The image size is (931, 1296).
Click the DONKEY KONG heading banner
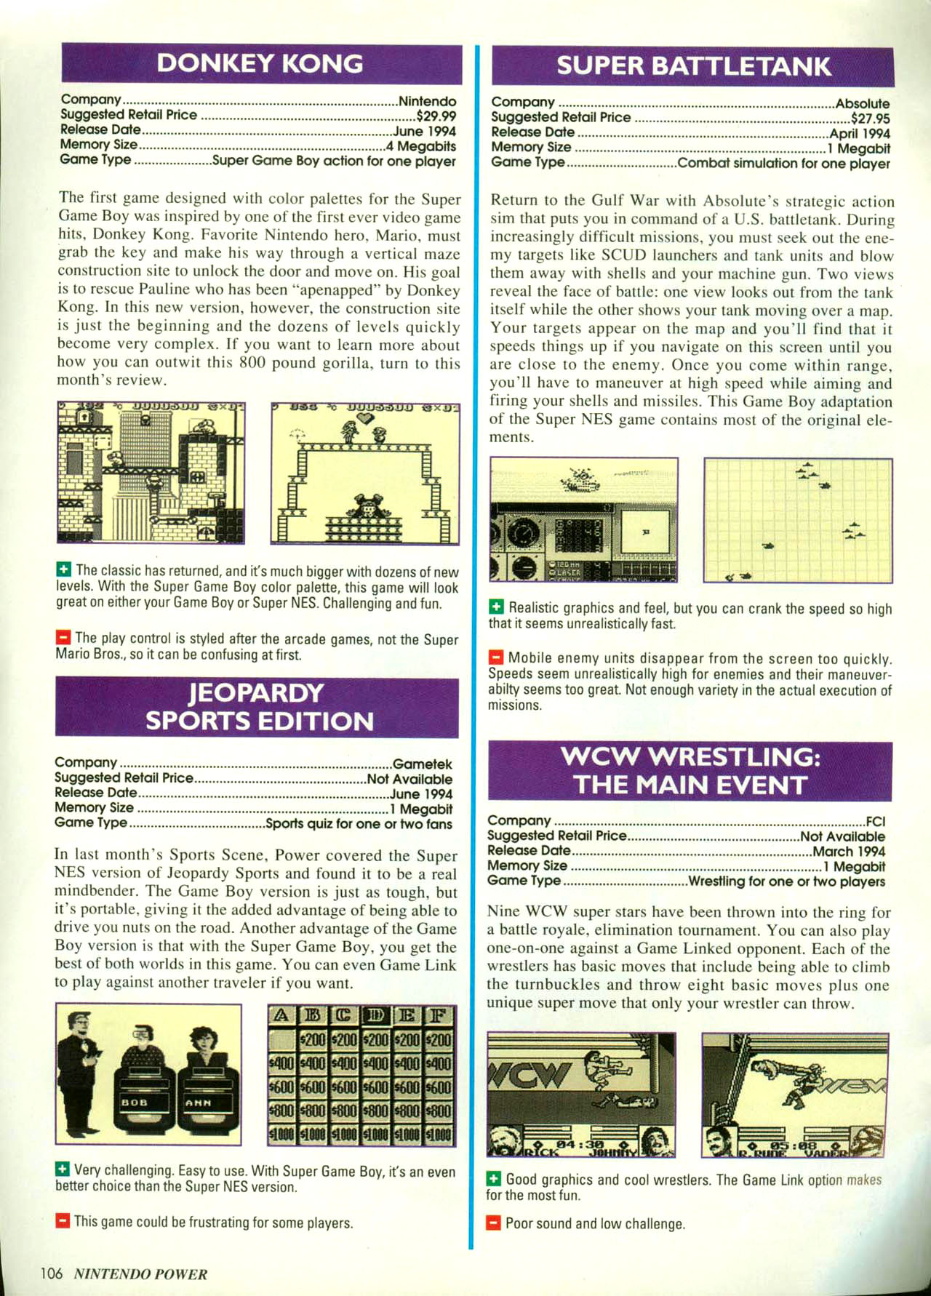(260, 64)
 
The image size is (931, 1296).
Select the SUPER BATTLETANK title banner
(692, 67)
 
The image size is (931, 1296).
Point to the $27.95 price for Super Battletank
(870, 119)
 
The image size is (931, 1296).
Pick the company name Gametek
(422, 764)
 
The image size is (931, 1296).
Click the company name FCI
(875, 822)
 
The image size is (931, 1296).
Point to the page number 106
(52, 1273)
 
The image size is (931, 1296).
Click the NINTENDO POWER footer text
(140, 1274)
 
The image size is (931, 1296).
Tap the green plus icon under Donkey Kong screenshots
(64, 569)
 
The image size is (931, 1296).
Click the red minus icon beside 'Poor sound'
(494, 1223)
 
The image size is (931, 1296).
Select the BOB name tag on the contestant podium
(135, 1103)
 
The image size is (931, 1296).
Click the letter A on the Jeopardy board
(280, 1015)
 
